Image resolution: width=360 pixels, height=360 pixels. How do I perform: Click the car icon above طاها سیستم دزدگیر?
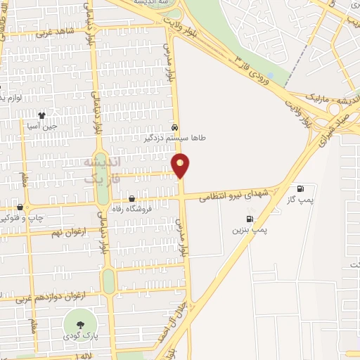pos(173,129)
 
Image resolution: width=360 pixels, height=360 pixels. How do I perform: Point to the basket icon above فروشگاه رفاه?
pos(131,199)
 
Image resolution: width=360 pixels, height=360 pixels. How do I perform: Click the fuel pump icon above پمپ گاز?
pos(301,188)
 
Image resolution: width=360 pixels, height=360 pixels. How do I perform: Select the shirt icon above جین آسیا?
pos(41,115)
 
